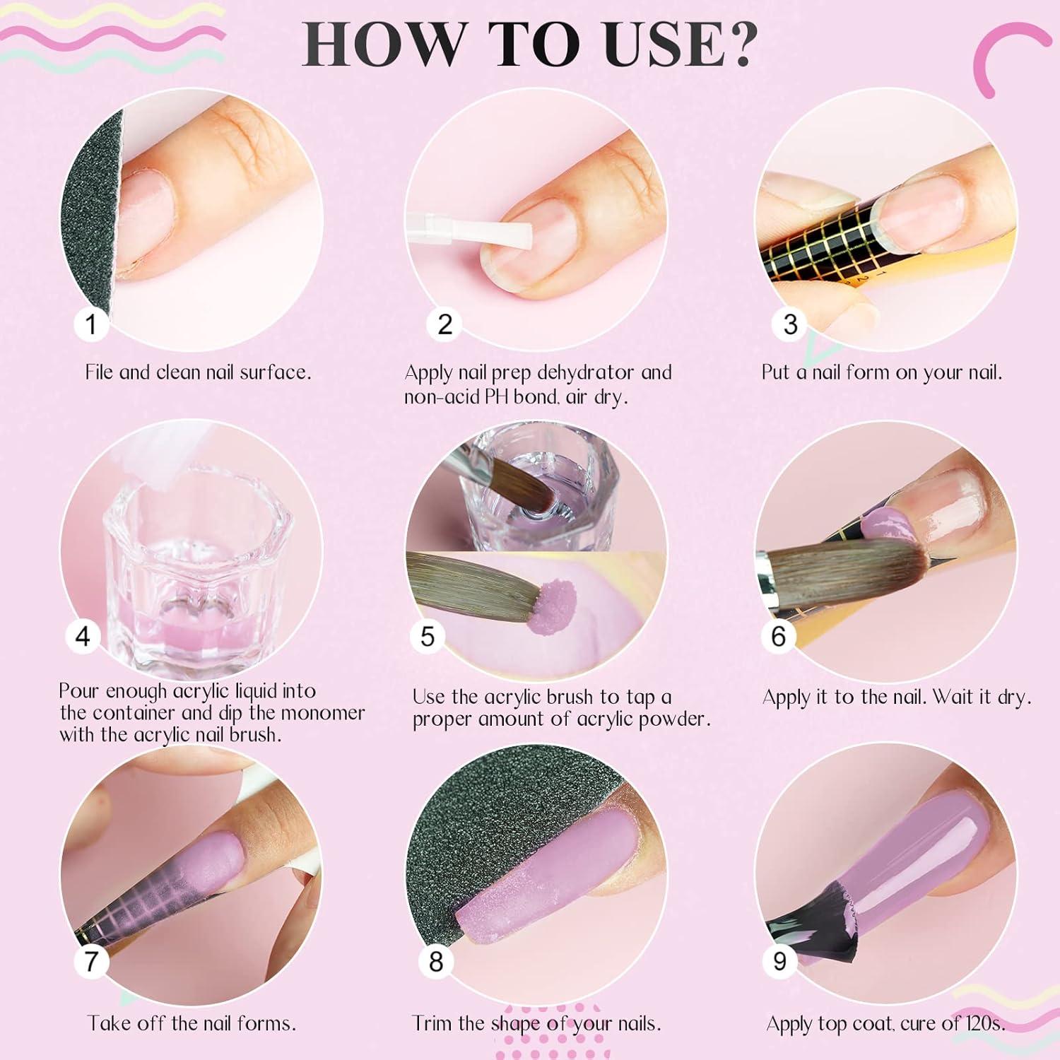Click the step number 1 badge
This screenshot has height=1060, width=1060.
tap(90, 324)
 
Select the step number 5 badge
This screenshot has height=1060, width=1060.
tap(428, 636)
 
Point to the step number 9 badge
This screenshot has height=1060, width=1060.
tap(779, 961)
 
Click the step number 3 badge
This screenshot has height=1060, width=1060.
tap(790, 324)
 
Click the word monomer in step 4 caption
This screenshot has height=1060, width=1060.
tap(322, 712)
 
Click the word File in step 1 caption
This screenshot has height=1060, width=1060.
tap(98, 372)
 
